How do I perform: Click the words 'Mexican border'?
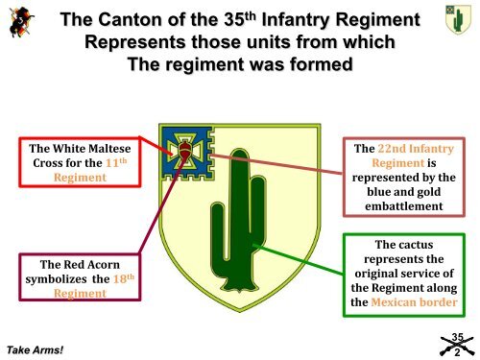(421, 303)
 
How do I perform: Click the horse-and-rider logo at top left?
(20, 22)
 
